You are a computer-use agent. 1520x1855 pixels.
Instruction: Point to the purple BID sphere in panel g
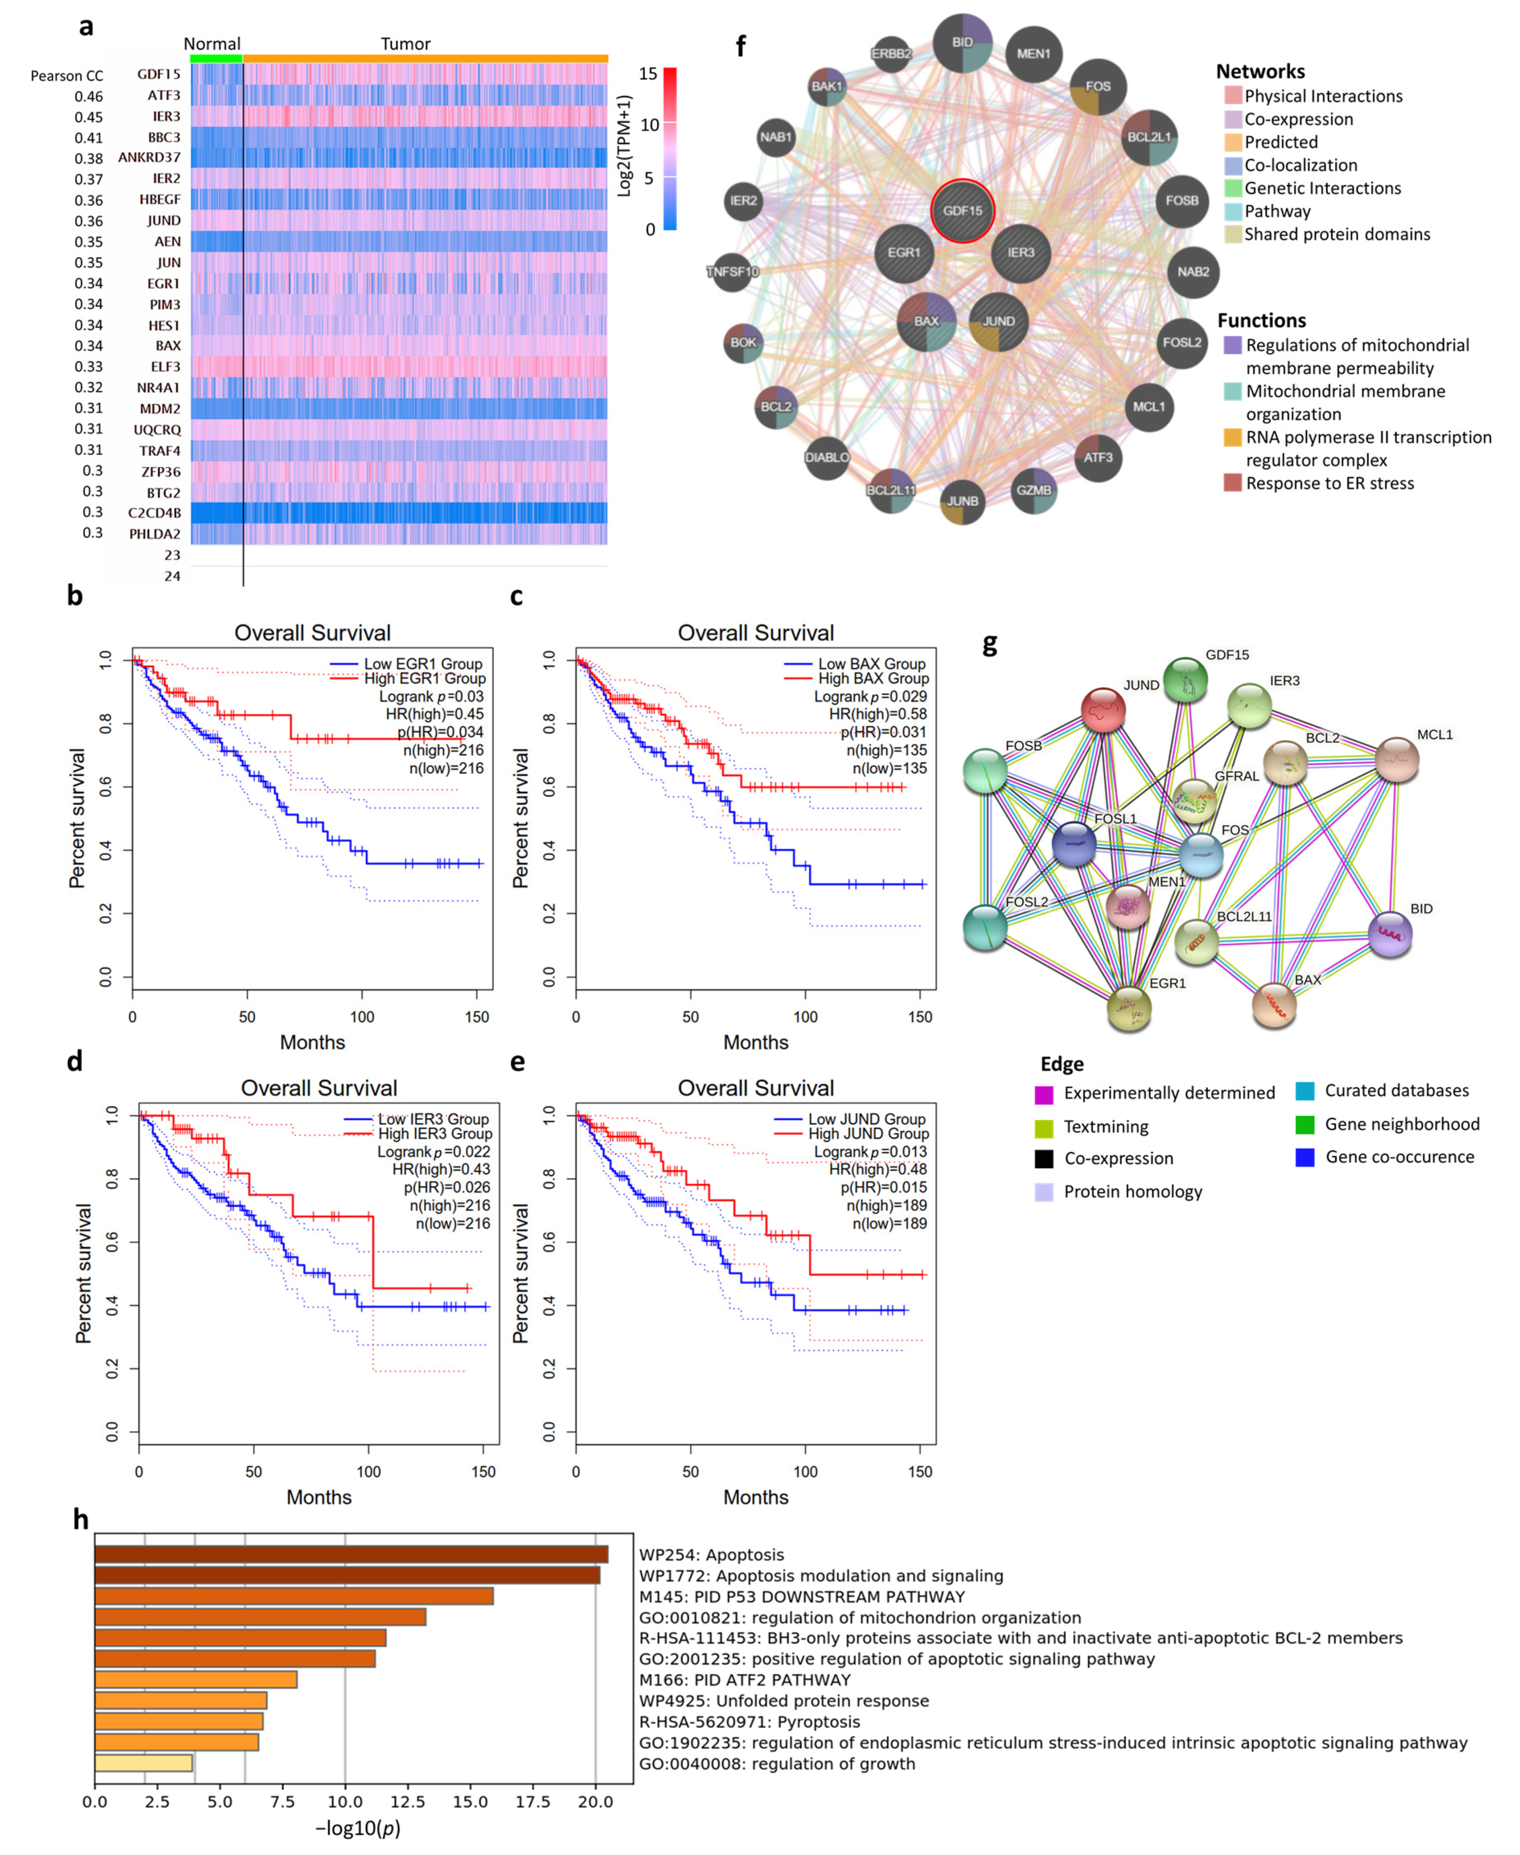click(1390, 934)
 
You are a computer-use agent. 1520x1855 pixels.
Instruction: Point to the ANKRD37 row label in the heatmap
click(150, 158)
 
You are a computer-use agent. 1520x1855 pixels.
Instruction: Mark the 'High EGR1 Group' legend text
click(424, 679)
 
